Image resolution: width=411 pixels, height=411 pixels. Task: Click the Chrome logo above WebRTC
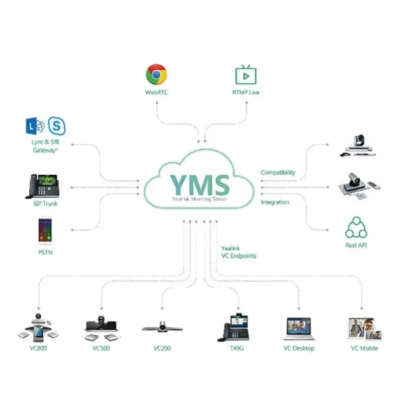[x=156, y=74]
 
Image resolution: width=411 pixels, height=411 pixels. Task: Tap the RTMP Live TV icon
[x=245, y=74]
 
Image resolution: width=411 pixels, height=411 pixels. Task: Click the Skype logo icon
[x=57, y=126]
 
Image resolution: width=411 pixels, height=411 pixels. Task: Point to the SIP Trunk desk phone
[x=42, y=186]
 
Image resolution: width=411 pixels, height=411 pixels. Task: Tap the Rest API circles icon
[x=356, y=227]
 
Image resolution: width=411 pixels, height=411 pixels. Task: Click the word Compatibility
[x=278, y=173]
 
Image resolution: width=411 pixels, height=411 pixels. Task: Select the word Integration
[x=275, y=202]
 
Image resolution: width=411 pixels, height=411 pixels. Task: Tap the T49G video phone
[x=236, y=327]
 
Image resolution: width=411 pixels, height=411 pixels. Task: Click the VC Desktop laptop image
[x=298, y=329]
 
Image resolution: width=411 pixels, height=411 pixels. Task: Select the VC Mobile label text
[x=364, y=348]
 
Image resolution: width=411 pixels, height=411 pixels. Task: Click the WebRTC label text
[x=156, y=92]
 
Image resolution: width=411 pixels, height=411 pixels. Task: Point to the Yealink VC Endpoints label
[x=238, y=252]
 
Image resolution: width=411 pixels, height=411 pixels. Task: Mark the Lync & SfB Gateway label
[x=45, y=146]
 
